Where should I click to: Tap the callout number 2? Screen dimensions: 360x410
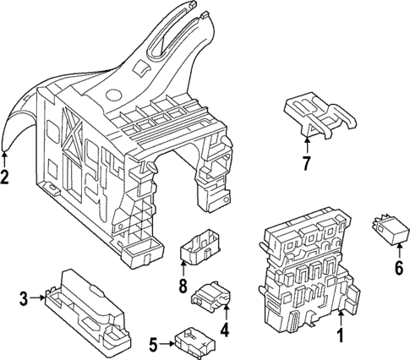click(5, 177)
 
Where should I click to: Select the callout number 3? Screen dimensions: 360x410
click(24, 297)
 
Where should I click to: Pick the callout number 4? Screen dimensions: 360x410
click(225, 330)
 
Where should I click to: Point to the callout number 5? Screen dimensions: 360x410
click(152, 344)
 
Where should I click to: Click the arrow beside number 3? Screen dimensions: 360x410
click(38, 297)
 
